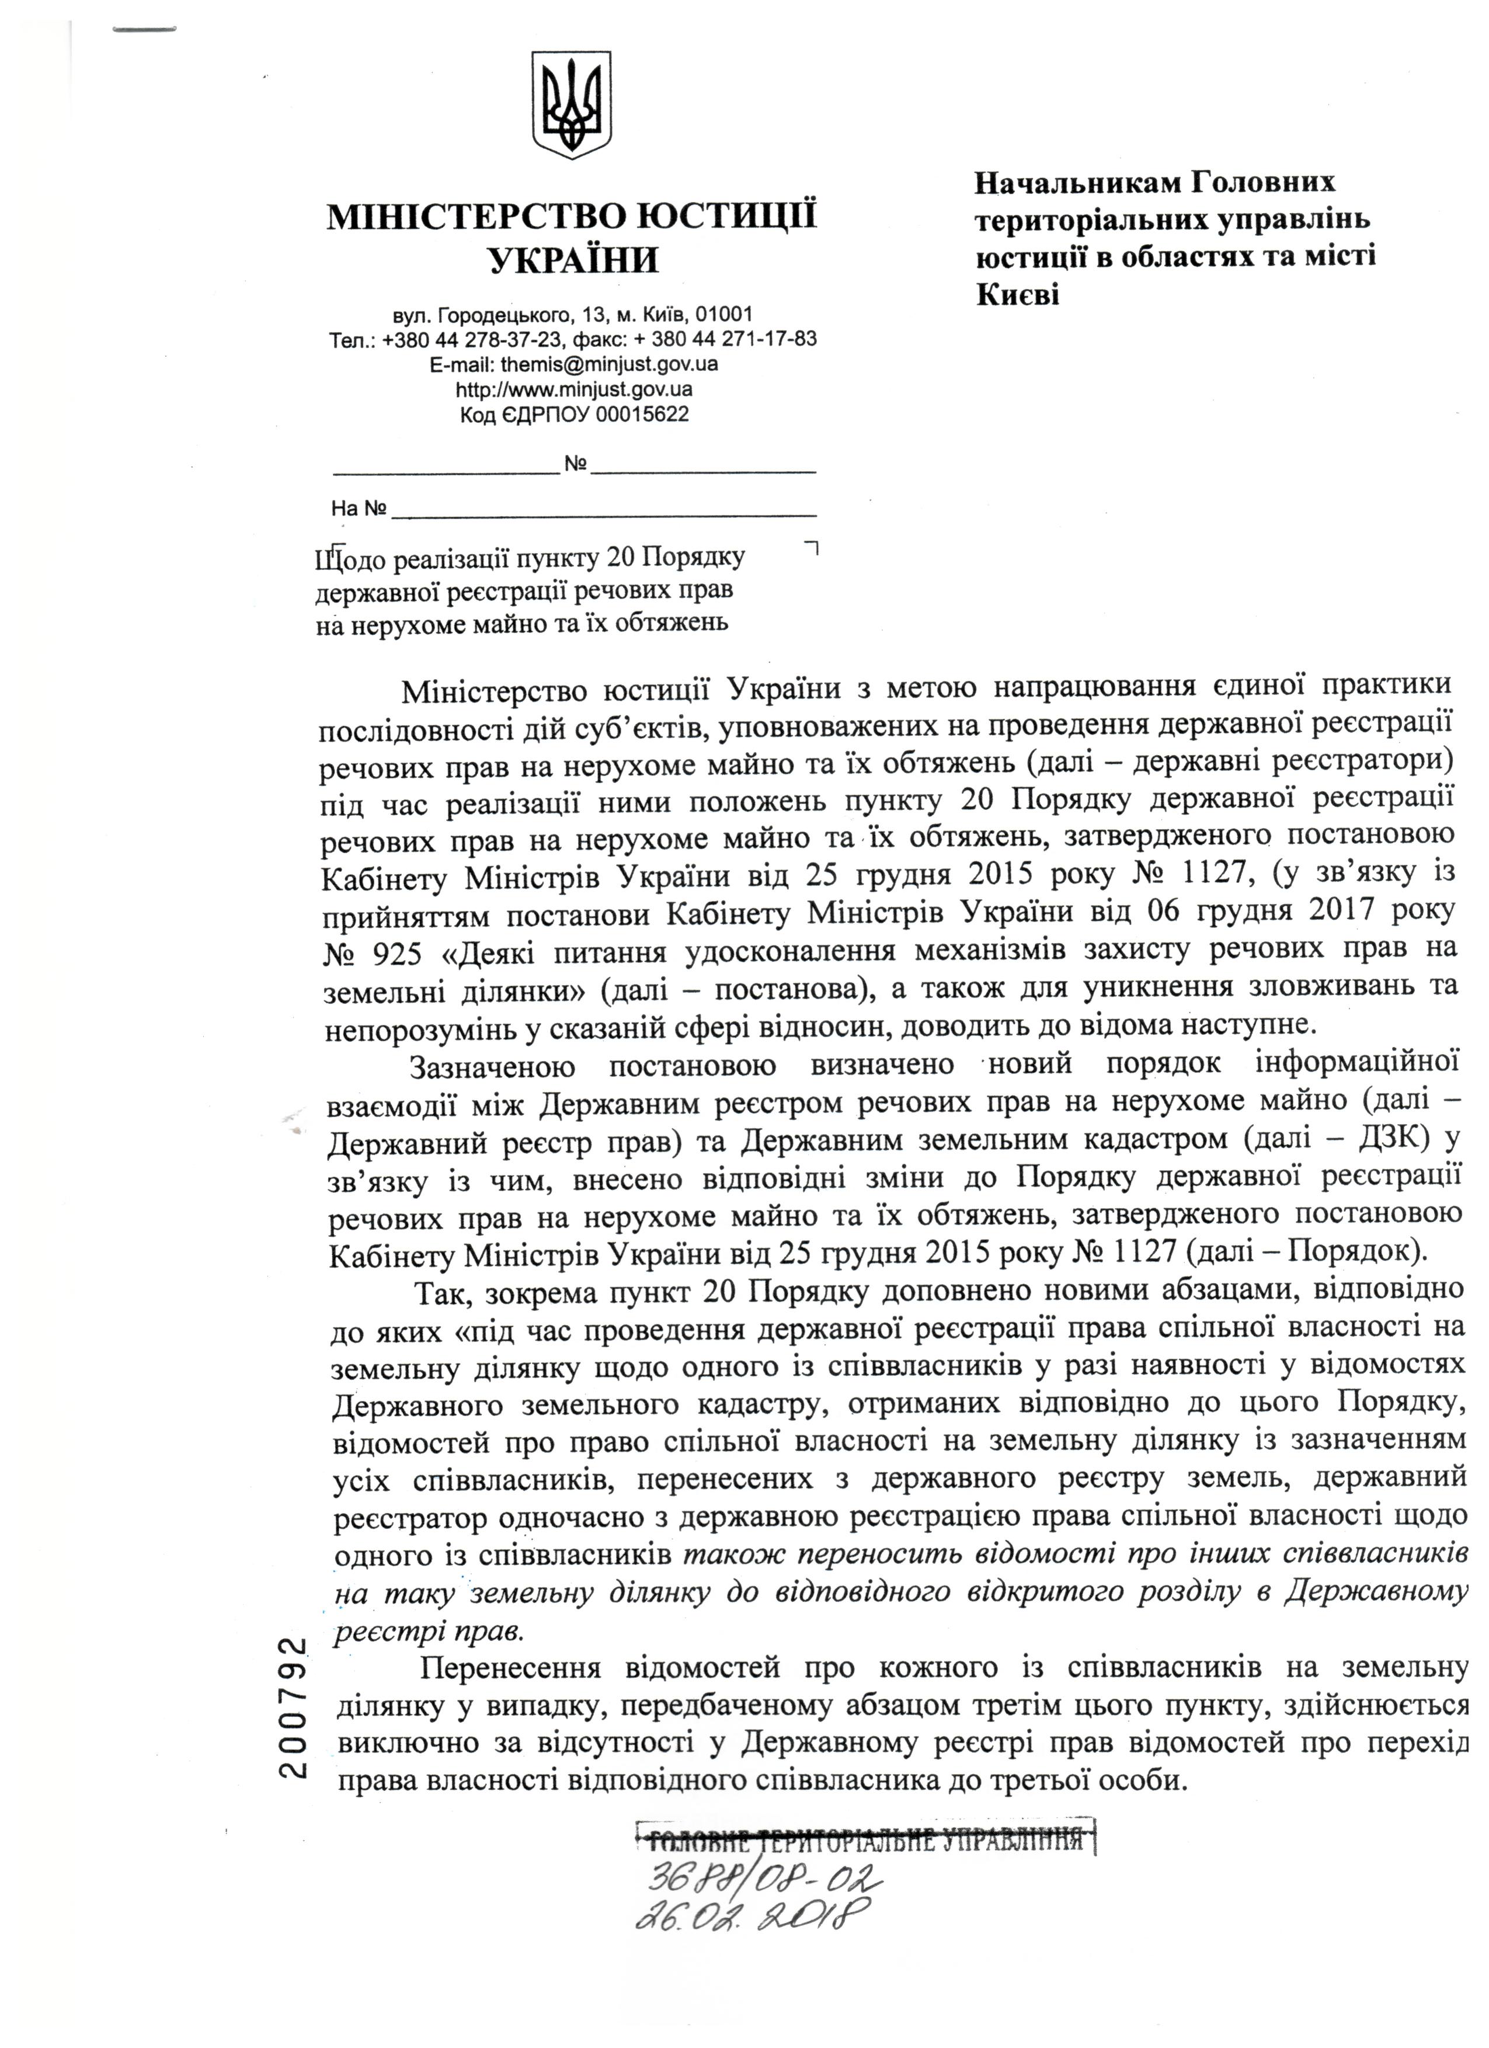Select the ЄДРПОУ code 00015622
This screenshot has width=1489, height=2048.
pyautogui.click(x=646, y=415)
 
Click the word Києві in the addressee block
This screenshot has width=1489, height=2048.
pyautogui.click(x=1018, y=295)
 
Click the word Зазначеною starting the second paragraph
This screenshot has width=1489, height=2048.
pyautogui.click(x=492, y=1066)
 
